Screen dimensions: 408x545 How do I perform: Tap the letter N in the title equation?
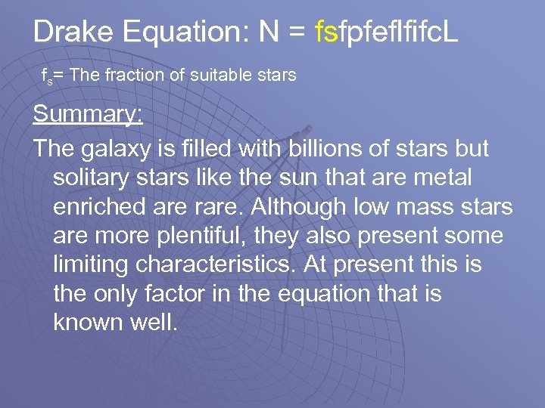[x=269, y=32]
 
